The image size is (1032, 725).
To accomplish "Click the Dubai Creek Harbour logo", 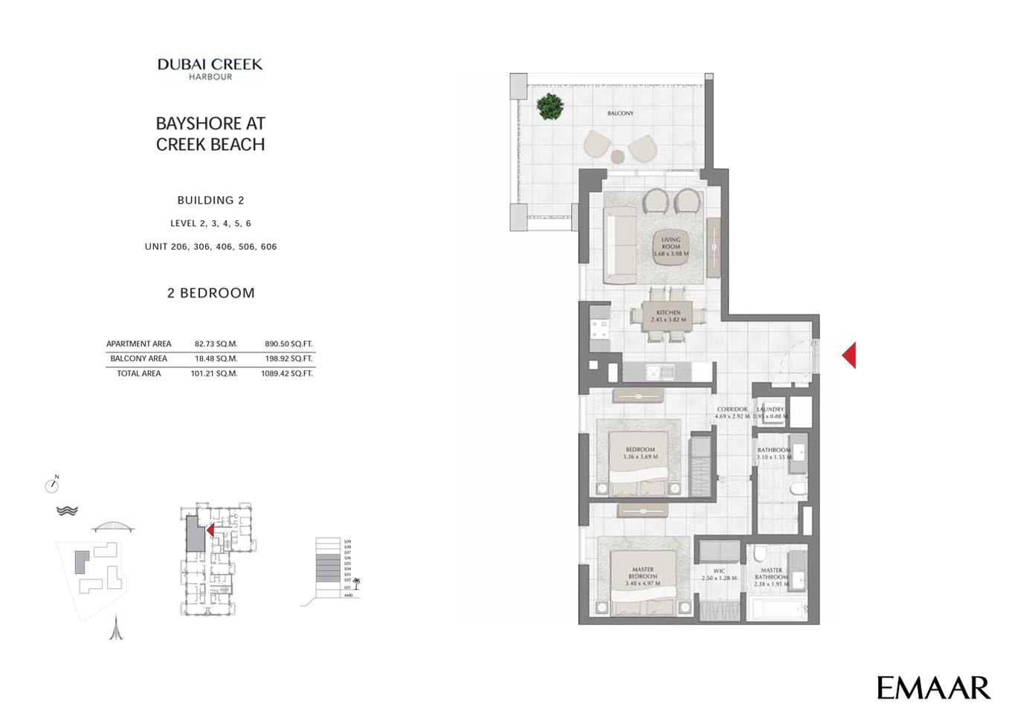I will click(x=210, y=68).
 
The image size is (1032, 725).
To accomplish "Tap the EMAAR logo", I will click(x=933, y=688).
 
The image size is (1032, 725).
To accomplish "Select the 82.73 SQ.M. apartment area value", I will click(x=216, y=344).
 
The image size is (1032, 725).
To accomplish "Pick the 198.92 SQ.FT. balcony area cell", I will click(x=288, y=359).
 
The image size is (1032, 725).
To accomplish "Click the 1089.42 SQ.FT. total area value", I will click(x=287, y=374).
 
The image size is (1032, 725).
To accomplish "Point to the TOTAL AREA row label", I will click(x=139, y=374).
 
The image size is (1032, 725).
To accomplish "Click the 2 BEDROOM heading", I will click(x=211, y=293).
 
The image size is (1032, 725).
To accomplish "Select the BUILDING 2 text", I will click(x=210, y=200).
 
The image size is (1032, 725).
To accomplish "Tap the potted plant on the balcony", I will click(x=549, y=106).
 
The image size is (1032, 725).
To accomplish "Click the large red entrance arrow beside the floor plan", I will click(x=849, y=355).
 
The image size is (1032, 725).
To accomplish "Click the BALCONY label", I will click(x=620, y=114).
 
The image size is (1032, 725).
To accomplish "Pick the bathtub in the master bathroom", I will click(x=778, y=610).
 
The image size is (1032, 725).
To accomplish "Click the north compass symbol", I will click(x=51, y=486).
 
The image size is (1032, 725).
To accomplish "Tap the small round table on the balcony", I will click(x=617, y=156).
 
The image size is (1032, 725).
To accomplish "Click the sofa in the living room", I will click(x=619, y=246).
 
